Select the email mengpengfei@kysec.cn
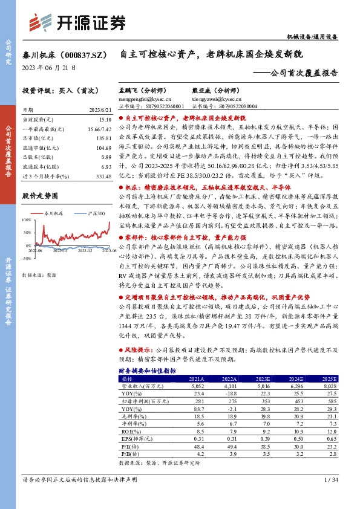tap(146, 98)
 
